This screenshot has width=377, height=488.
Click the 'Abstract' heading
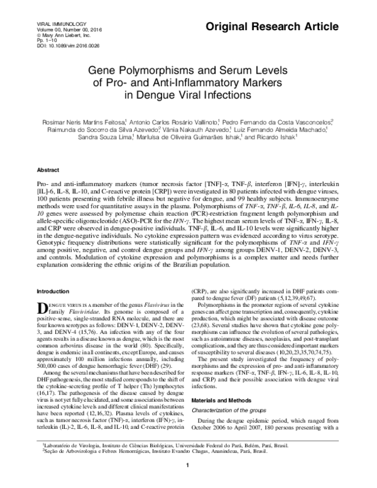(48, 170)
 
